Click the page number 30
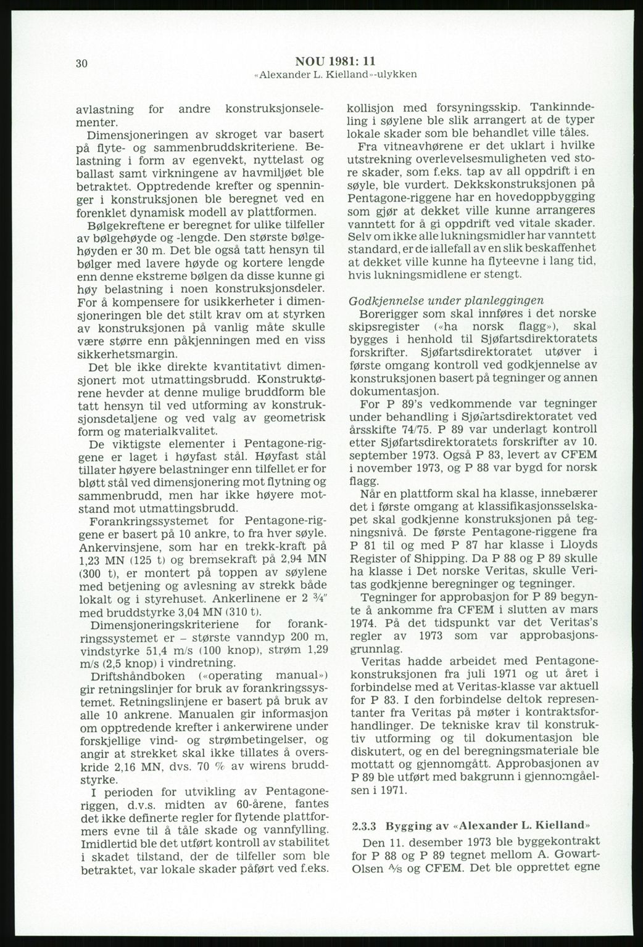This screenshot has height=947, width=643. tap(81, 64)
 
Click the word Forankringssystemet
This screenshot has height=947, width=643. tap(143, 520)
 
